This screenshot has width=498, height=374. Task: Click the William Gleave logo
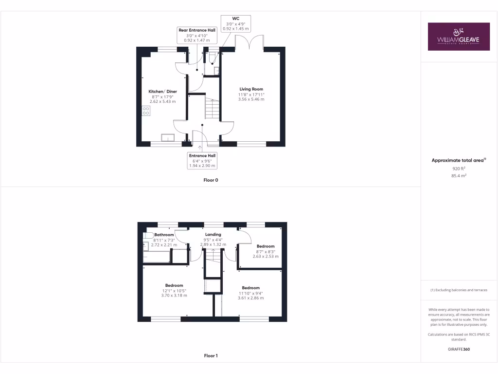click(459, 37)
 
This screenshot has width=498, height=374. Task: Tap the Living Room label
click(251, 94)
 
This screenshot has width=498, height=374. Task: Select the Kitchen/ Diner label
click(162, 96)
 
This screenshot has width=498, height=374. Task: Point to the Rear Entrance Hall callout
click(197, 35)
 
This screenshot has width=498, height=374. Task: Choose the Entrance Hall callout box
click(202, 161)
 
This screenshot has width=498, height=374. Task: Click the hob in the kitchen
click(146, 111)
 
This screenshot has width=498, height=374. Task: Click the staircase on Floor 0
click(212, 108)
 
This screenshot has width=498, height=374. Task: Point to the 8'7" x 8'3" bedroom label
click(266, 251)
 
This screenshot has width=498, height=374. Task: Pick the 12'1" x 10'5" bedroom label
click(174, 290)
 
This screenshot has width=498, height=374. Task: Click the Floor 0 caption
click(211, 180)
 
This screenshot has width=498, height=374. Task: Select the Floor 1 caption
click(211, 356)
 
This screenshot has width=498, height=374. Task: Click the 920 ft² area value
click(459, 168)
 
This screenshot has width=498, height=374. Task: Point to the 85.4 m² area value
click(459, 175)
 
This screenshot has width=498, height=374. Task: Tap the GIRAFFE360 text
click(459, 349)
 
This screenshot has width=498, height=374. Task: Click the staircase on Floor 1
click(213, 261)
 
